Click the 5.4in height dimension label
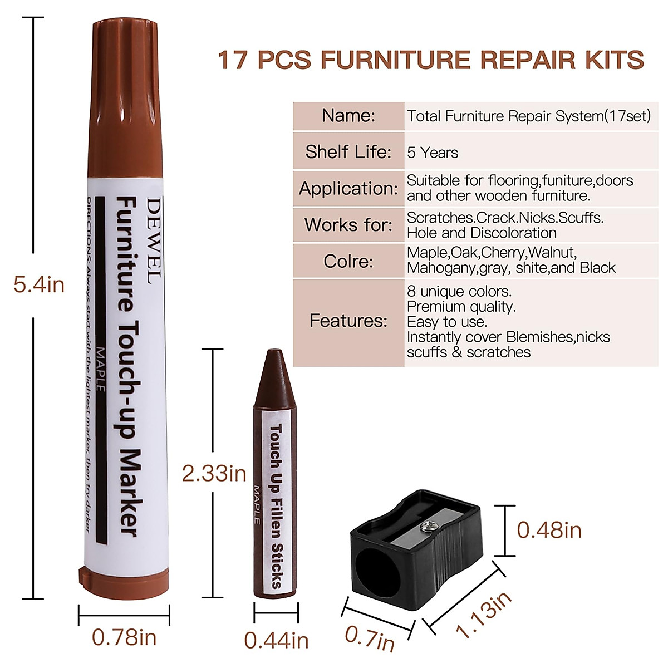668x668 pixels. [x=39, y=285]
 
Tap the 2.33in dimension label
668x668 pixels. [x=214, y=474]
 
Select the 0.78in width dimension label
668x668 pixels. [x=124, y=637]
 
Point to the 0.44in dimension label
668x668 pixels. [x=276, y=641]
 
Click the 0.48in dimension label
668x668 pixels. [x=549, y=530]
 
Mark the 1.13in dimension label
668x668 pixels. [x=483, y=615]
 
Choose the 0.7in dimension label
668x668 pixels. [x=370, y=638]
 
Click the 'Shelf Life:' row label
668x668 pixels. [x=348, y=151]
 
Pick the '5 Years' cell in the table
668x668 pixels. [x=433, y=153]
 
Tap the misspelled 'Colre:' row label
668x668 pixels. [x=348, y=261]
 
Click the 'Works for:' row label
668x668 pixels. [x=348, y=225]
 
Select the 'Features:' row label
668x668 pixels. [x=348, y=321]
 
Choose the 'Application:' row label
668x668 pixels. [x=348, y=188]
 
